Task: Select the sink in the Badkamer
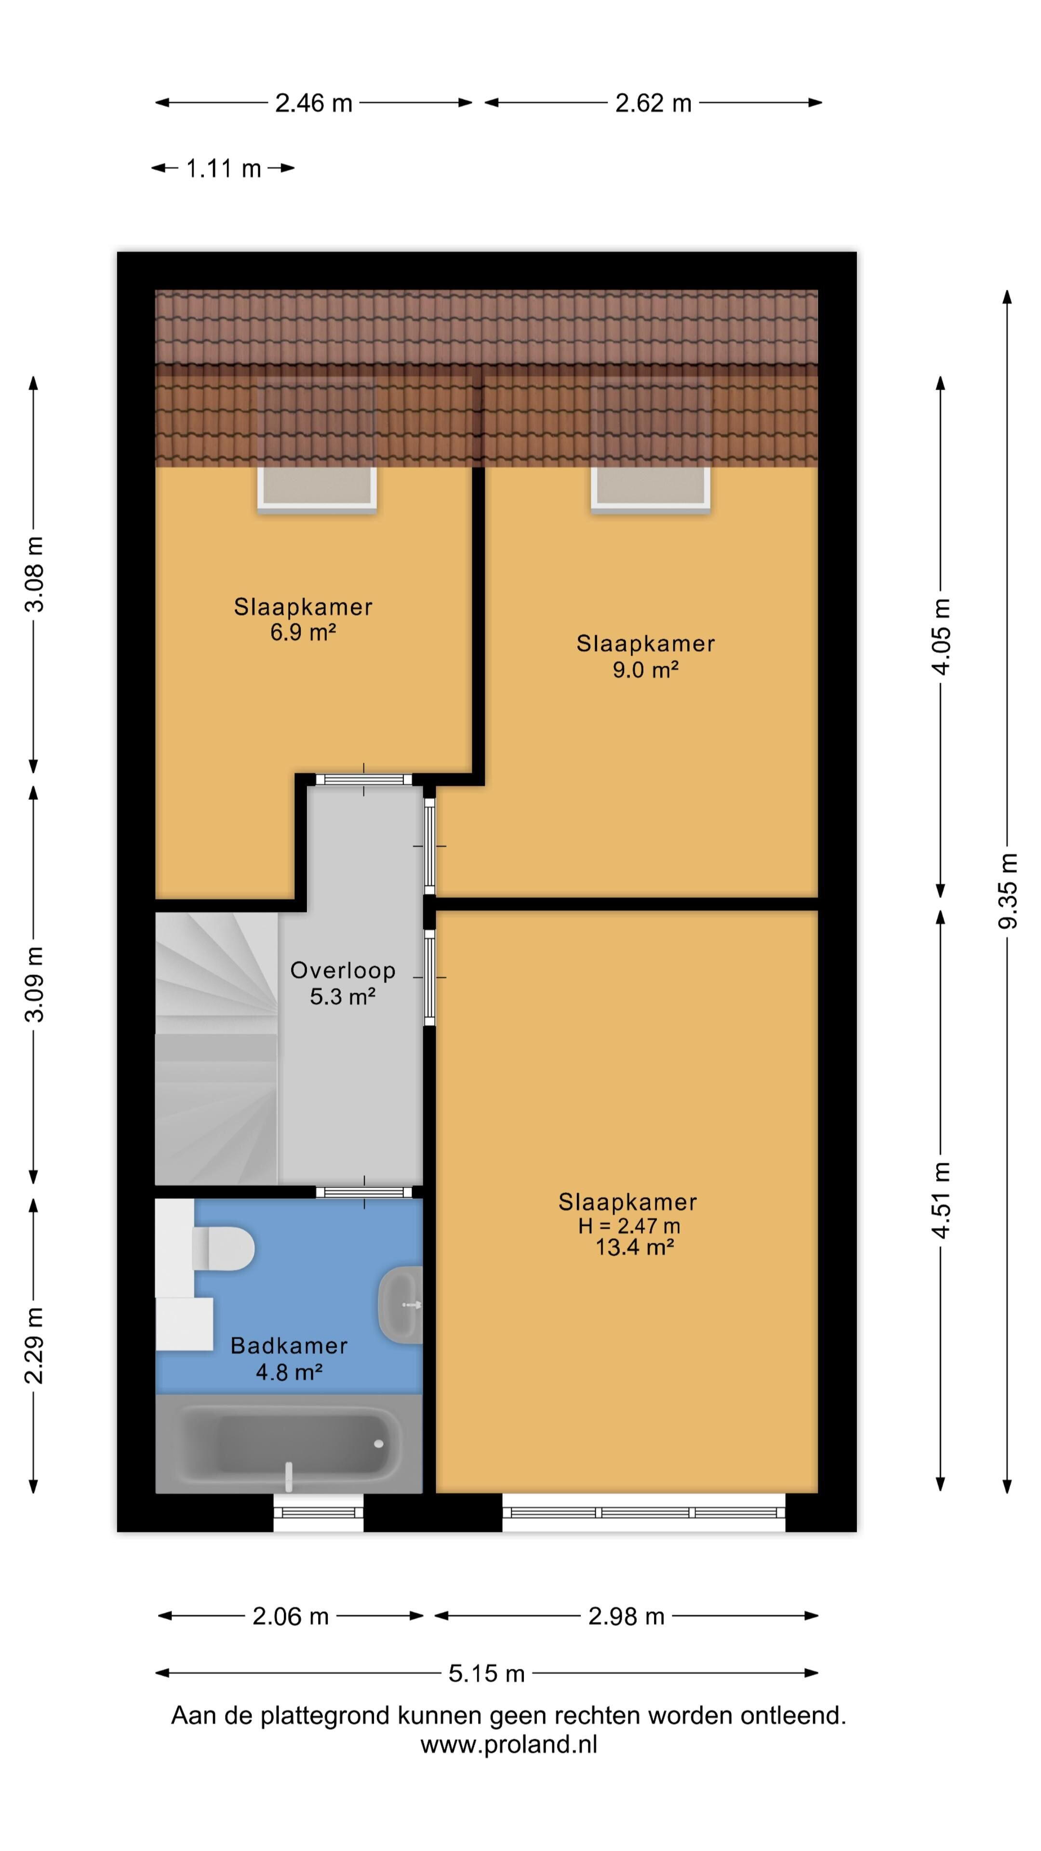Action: (400, 1304)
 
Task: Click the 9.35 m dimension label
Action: (1007, 890)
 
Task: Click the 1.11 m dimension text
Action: (224, 169)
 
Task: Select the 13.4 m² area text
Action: (634, 1247)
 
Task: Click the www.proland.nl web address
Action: (508, 1744)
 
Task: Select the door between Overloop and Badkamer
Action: (364, 1192)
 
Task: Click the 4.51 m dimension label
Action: (941, 1199)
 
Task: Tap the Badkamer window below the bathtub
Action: (318, 1513)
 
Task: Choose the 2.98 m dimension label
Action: (626, 1616)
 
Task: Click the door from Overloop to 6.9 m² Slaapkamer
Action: (364, 779)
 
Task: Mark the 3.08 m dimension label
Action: (34, 574)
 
